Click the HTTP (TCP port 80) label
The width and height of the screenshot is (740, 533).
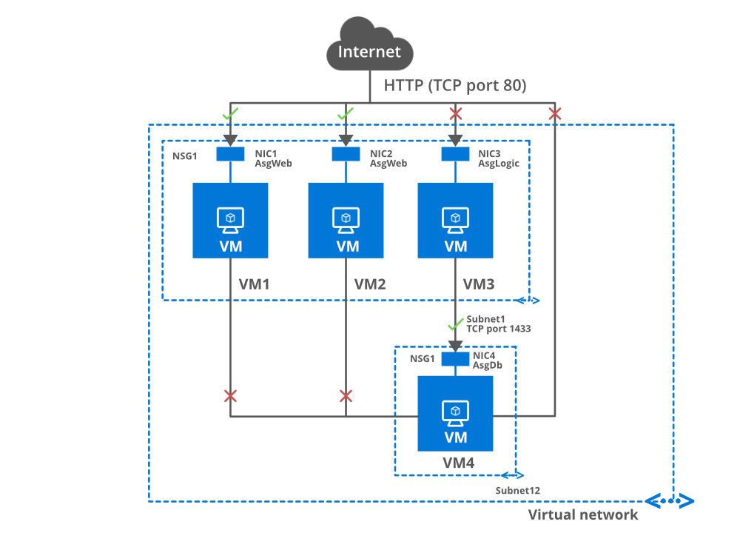454,86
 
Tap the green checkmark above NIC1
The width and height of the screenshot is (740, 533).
231,114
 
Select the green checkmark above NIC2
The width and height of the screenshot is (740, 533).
345,114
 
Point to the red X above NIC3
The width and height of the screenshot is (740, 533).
456,114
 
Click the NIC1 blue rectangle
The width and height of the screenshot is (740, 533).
230,154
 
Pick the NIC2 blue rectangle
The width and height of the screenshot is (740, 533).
346,154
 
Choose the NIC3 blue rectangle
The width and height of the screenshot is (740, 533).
455,154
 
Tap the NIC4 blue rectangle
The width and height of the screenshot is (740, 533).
455,358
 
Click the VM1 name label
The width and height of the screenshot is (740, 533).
255,284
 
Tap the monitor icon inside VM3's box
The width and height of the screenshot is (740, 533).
455,218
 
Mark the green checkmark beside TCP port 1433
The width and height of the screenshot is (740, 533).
455,325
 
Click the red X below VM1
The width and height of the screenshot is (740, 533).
230,396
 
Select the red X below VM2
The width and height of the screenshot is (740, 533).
346,396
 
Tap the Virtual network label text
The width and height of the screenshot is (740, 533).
583,514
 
